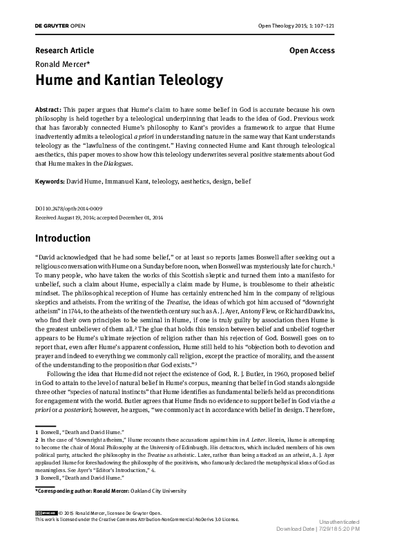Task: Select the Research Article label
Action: coord(64,50)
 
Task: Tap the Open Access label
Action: coord(312,50)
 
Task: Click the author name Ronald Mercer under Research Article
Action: coord(61,63)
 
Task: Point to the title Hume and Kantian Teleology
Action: coord(128,81)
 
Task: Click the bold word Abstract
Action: coord(48,110)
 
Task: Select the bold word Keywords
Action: coord(50,182)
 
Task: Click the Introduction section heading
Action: coord(63,238)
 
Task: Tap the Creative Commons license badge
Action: coord(45,513)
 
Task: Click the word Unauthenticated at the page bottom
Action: coord(339,541)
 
